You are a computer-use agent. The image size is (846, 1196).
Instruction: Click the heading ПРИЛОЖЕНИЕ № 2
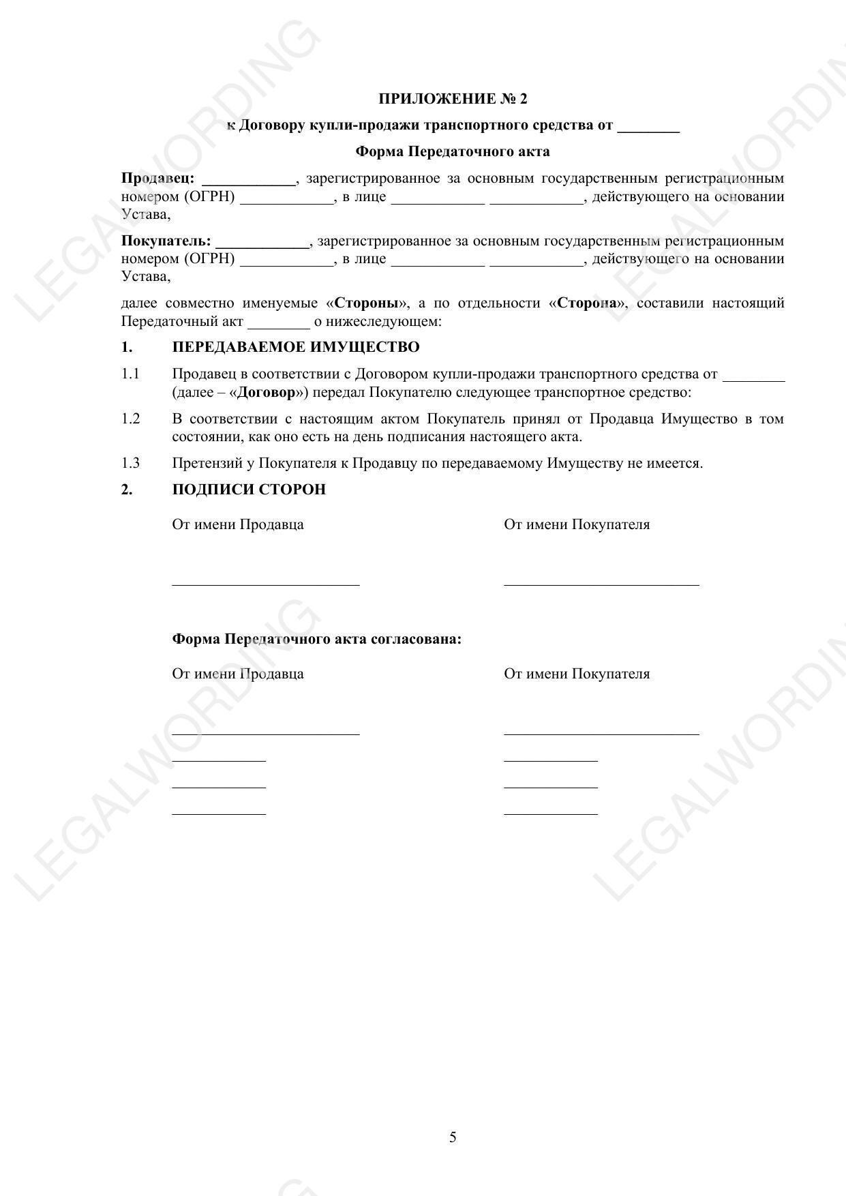[453, 100]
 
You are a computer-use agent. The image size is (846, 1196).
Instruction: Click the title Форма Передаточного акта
[453, 151]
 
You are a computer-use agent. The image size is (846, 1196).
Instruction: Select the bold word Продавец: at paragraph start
[158, 179]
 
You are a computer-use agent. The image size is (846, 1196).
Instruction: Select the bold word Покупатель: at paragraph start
[166, 241]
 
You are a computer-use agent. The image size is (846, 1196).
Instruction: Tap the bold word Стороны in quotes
[366, 303]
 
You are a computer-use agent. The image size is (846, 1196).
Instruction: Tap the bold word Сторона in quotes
[586, 303]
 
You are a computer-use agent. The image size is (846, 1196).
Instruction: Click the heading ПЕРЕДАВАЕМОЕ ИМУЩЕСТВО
[296, 348]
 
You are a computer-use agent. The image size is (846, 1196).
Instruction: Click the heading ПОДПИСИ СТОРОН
[249, 490]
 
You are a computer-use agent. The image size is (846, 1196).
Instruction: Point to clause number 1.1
[130, 374]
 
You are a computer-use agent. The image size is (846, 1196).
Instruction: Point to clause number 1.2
[130, 419]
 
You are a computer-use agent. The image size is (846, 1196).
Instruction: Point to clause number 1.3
[130, 464]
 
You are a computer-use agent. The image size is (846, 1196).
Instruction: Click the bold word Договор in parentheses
[265, 393]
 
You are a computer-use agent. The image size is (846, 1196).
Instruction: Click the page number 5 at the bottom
[453, 1137]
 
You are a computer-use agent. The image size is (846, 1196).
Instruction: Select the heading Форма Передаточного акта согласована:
[316, 640]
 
